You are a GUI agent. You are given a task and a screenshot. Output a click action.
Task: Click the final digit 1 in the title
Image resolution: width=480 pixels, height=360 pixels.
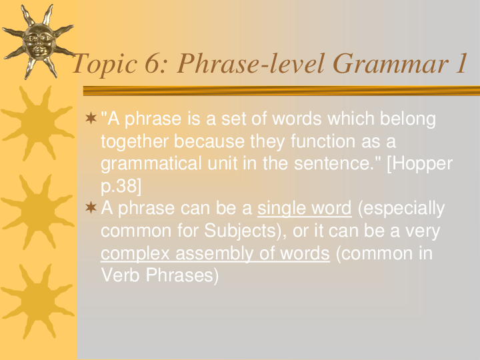[x=459, y=65]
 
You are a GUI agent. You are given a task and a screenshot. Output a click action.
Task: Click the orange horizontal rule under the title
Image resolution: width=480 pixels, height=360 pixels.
[x=280, y=91]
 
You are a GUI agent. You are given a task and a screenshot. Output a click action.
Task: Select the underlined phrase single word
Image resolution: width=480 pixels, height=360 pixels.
[x=304, y=209]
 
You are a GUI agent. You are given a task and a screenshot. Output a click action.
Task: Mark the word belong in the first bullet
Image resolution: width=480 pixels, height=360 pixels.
[x=407, y=119]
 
